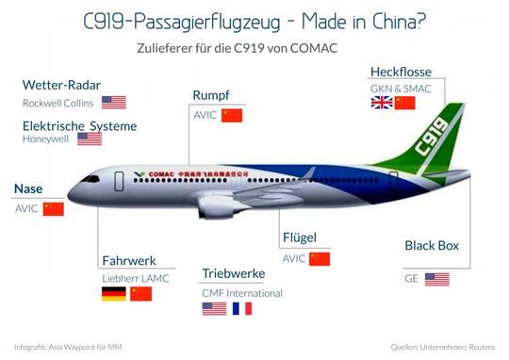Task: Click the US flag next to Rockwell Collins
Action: point(114,103)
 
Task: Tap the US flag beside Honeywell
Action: point(90,139)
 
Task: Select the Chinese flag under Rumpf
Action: point(232,116)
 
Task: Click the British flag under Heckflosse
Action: point(382,103)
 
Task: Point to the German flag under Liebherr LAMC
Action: point(113,294)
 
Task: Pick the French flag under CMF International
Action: point(242,308)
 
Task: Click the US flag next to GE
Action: point(436,279)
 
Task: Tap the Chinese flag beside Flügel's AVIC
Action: point(320,258)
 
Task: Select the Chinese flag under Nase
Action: point(53,208)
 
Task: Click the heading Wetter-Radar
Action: point(60,84)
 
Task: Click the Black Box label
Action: point(432,246)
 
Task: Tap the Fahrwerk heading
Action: point(128,260)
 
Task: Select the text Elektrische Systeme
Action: point(79,125)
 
